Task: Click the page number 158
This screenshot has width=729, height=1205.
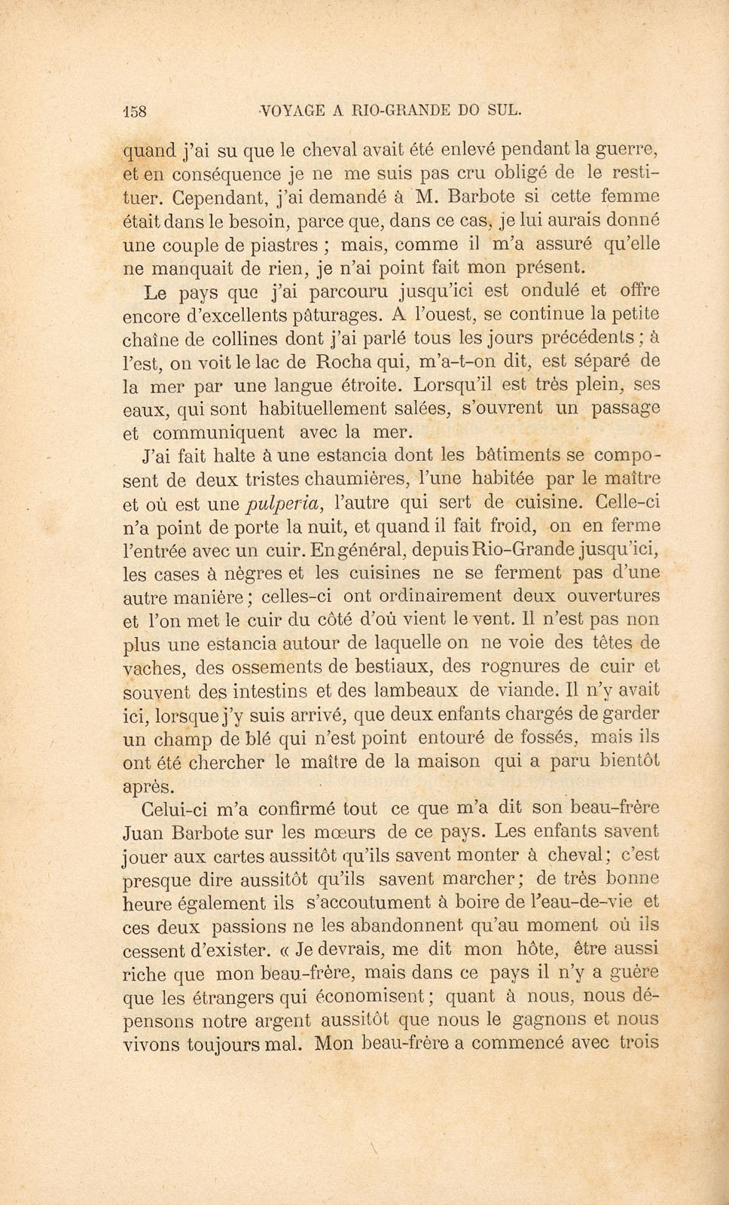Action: click(136, 110)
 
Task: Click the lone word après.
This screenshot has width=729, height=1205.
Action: click(148, 786)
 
